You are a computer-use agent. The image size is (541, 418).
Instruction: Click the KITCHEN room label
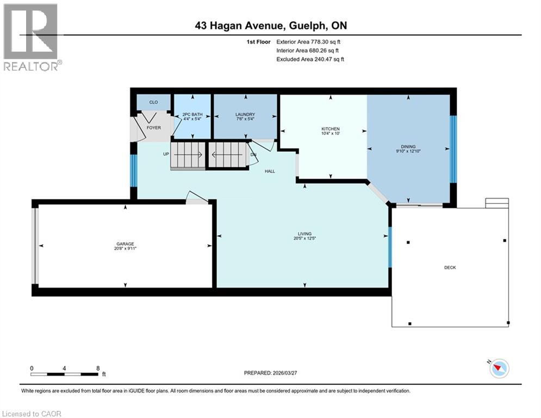click(330, 129)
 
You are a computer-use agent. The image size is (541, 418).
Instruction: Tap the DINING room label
click(408, 146)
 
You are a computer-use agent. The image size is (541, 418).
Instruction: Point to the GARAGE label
click(125, 244)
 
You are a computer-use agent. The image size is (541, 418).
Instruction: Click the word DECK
click(450, 267)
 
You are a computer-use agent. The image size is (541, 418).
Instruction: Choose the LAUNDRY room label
click(245, 114)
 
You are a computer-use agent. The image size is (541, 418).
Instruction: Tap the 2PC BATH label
click(191, 114)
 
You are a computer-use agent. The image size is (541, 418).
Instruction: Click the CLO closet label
click(153, 102)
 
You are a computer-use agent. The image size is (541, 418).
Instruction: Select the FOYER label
click(154, 128)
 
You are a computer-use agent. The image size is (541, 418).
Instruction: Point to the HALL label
click(270, 171)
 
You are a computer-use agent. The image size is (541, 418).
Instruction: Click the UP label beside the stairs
click(166, 154)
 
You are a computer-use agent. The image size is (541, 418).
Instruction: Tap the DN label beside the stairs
click(253, 155)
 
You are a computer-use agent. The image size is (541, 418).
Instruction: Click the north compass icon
click(499, 368)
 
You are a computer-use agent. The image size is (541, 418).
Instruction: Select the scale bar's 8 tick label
click(97, 368)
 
